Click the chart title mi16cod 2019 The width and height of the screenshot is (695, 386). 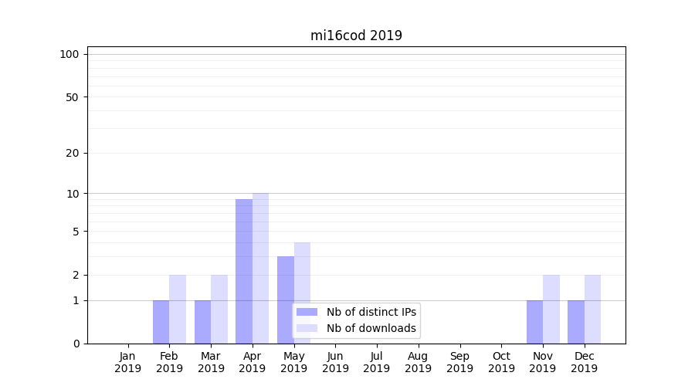click(x=356, y=36)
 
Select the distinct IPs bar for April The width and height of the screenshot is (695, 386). click(x=244, y=271)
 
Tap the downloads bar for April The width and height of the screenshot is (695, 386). click(x=260, y=268)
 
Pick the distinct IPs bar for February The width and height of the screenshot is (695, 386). click(x=161, y=322)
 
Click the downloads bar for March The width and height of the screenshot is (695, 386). click(x=219, y=309)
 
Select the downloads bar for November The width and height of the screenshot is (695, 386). click(x=551, y=309)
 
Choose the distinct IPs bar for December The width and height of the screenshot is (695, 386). click(x=576, y=322)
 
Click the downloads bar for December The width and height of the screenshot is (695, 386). click(x=592, y=309)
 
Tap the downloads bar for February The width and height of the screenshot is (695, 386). click(x=178, y=309)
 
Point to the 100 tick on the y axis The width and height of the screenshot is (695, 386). click(x=69, y=54)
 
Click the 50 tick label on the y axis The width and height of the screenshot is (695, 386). click(x=73, y=97)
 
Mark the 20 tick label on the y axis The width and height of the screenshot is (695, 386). click(x=73, y=153)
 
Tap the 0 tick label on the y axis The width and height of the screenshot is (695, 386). click(x=76, y=344)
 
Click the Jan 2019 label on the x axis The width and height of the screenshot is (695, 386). click(x=128, y=362)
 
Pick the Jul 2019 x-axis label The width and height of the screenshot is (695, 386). click(x=377, y=362)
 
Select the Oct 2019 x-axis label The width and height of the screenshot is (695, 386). click(x=501, y=362)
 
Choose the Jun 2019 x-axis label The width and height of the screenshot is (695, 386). click(x=335, y=362)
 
